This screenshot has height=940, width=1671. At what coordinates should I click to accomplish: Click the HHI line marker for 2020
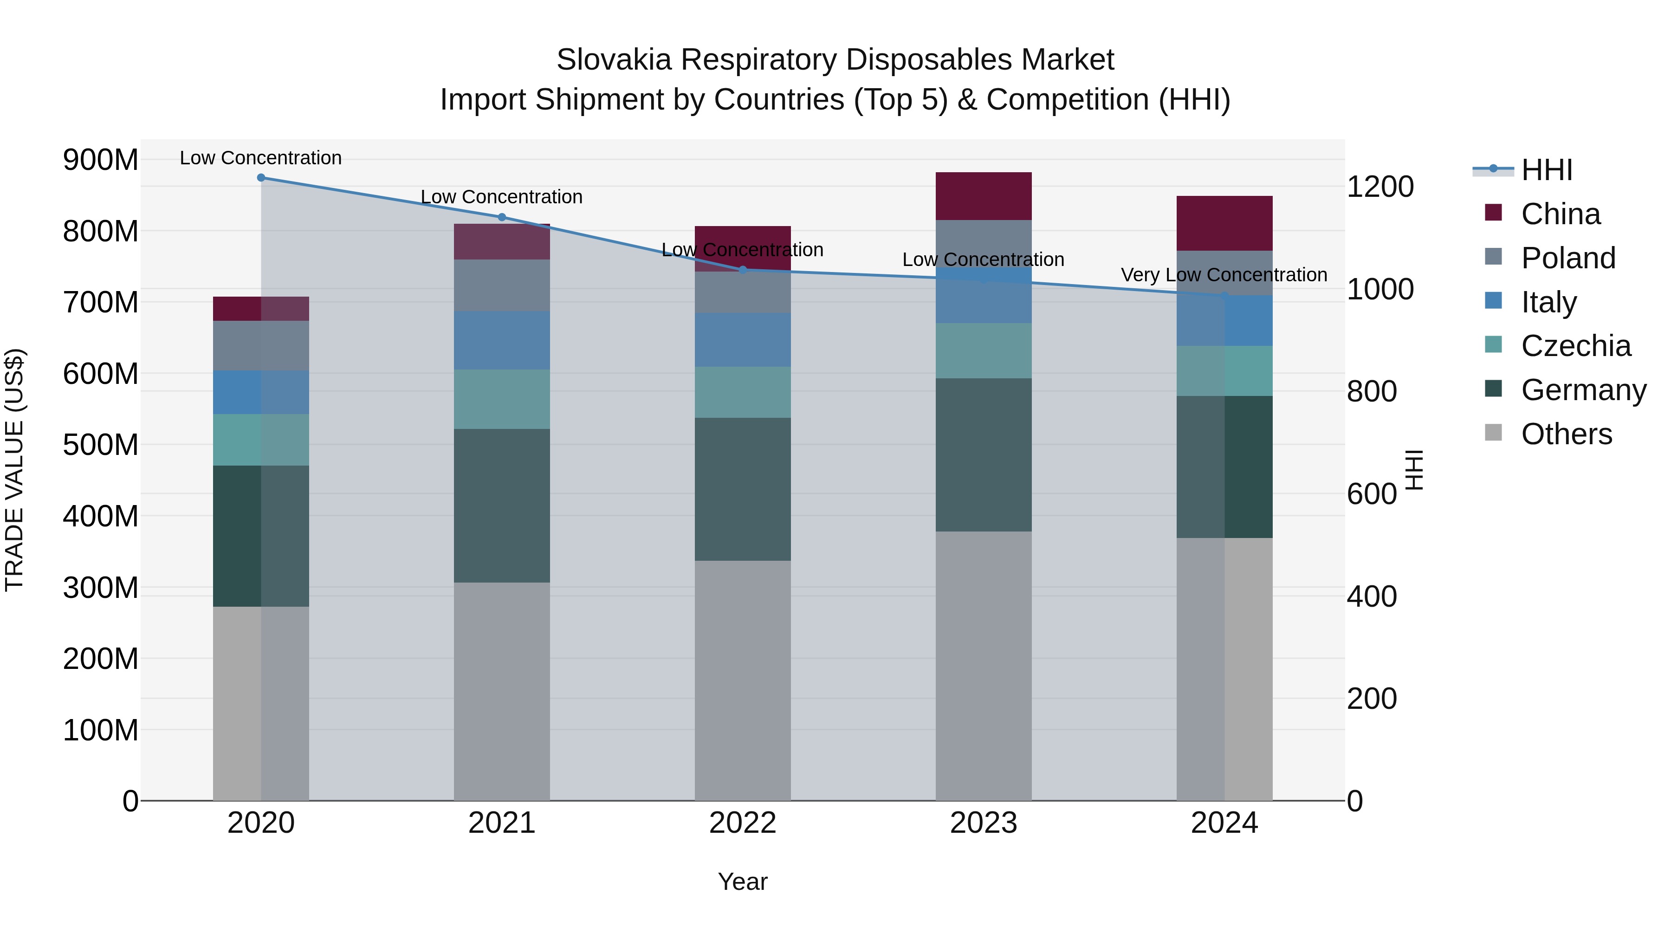pyautogui.click(x=261, y=177)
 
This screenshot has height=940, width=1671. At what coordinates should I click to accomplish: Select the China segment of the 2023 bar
pyautogui.click(x=984, y=196)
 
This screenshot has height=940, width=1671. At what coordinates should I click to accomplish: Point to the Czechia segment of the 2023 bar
pyautogui.click(x=984, y=350)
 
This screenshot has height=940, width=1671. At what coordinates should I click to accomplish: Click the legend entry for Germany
pyautogui.click(x=1583, y=390)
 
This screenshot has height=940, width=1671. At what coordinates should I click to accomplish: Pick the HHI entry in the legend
pyautogui.click(x=1547, y=170)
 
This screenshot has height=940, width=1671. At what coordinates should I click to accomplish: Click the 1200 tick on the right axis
pyautogui.click(x=1380, y=187)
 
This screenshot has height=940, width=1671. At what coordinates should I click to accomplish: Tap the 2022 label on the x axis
pyautogui.click(x=743, y=823)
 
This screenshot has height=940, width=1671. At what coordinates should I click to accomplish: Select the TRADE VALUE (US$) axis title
pyautogui.click(x=14, y=470)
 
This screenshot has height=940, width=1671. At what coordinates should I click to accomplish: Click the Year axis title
pyautogui.click(x=743, y=882)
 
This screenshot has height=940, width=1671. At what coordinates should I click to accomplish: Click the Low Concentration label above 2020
pyautogui.click(x=261, y=158)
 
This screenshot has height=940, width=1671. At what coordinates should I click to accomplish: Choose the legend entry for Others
pyautogui.click(x=1566, y=434)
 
